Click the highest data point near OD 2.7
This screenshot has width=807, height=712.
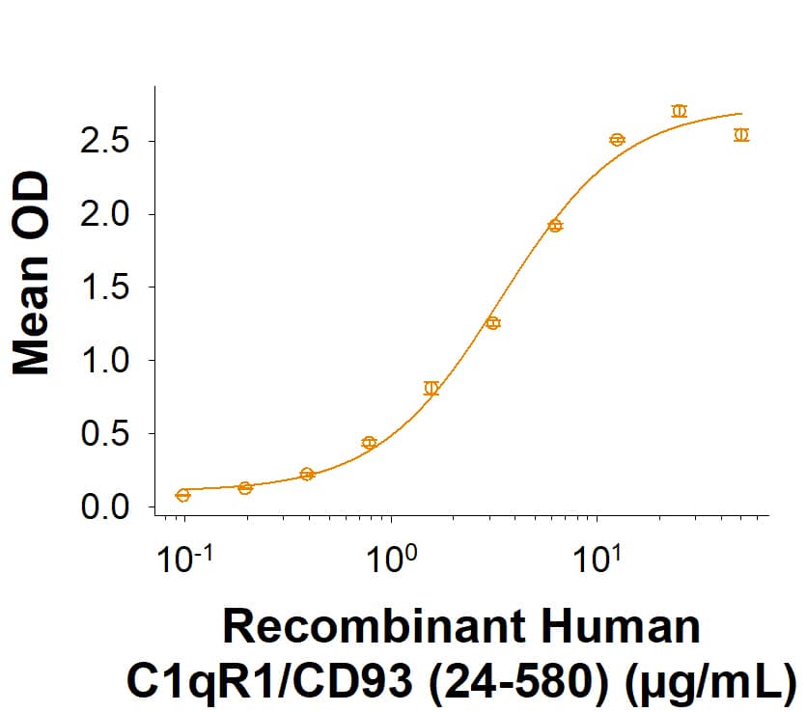point(679,111)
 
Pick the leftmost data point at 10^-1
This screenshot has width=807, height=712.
point(183,495)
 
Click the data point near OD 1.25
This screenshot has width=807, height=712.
point(493,323)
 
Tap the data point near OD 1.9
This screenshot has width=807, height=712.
point(555,226)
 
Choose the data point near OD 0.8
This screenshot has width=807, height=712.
point(431,389)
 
